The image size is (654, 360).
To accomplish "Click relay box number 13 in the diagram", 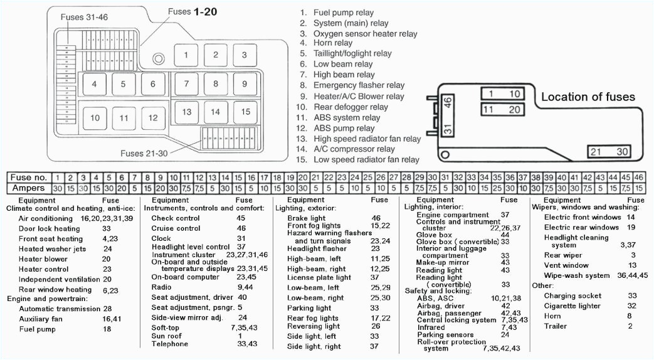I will tap(186, 112).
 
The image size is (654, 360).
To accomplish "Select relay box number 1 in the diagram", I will tap(186, 55).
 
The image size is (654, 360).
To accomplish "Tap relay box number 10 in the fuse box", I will tap(94, 117).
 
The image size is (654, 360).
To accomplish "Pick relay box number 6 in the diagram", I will tap(152, 84).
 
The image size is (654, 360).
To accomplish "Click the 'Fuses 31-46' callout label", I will tap(83, 17).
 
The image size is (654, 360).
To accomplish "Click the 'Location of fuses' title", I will tap(588, 97).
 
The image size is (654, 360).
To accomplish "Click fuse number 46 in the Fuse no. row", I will tap(638, 177).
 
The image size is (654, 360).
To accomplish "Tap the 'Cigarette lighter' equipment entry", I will tap(572, 305).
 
